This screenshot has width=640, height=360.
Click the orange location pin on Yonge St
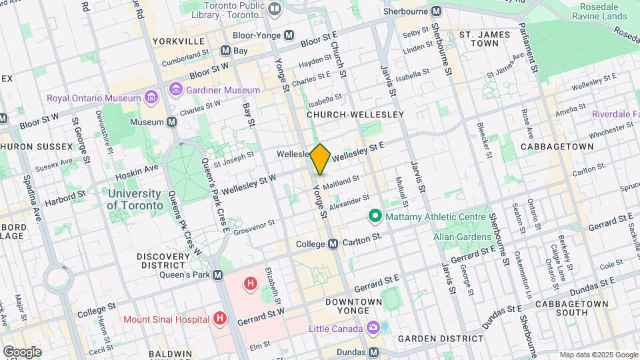(320, 159)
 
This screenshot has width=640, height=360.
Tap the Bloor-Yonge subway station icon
(289, 35)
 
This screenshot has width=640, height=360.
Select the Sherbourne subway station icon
(437, 11)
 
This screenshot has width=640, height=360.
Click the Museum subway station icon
(172, 122)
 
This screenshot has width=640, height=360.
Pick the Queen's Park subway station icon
(217, 275)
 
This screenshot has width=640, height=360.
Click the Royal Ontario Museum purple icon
(151, 98)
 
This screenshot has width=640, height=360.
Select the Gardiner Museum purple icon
(176, 89)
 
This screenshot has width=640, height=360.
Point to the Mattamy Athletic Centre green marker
(375, 216)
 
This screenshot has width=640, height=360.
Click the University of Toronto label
(135, 199)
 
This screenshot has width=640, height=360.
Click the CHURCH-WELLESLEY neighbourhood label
(355, 115)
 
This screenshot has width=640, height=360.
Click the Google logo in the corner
(22, 351)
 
